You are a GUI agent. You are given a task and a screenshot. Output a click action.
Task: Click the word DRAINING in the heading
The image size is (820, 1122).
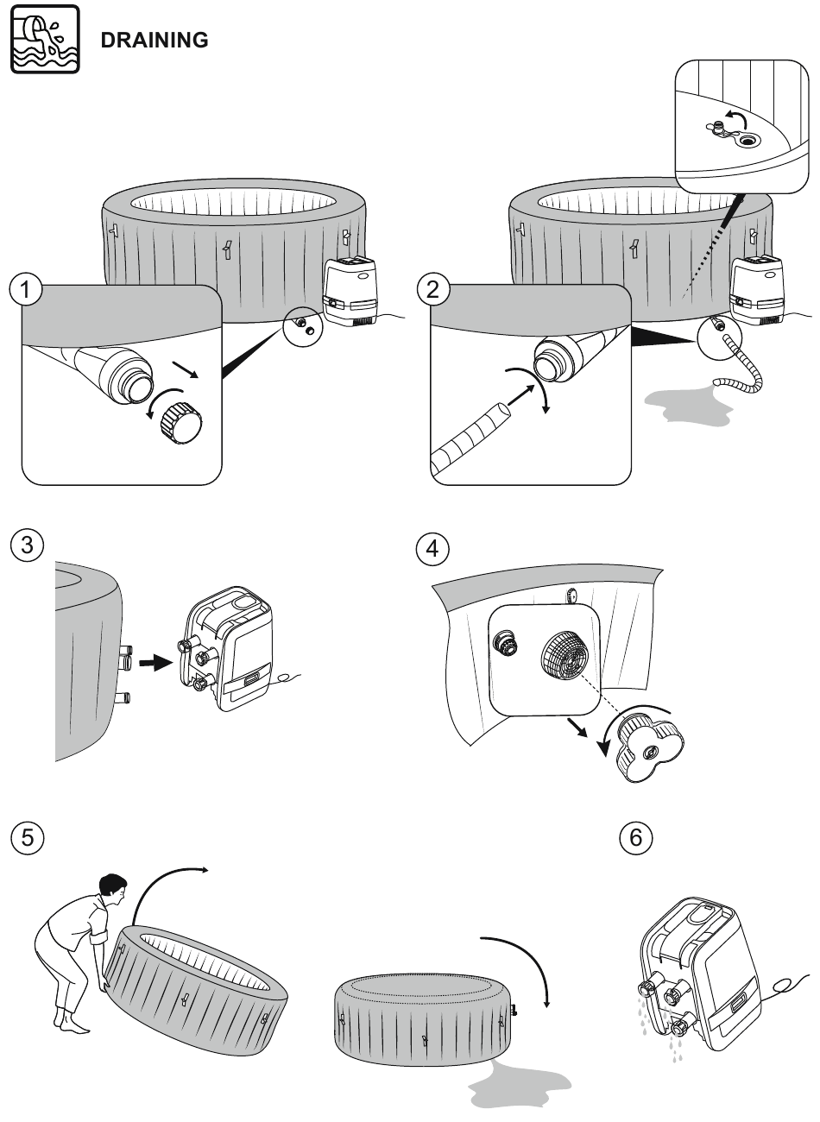[155, 40]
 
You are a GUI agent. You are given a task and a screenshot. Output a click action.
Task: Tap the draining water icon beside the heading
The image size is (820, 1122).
[45, 39]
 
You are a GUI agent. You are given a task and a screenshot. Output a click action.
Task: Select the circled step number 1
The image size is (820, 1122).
[29, 290]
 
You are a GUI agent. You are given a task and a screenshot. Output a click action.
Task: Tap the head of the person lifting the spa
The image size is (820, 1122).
[110, 888]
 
